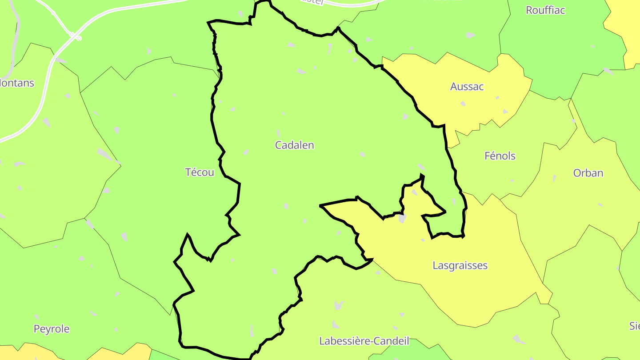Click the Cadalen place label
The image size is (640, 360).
(294, 145)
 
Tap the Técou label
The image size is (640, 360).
(200, 172)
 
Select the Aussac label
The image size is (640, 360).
(467, 87)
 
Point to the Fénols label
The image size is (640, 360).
(500, 156)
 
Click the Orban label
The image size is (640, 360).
(588, 173)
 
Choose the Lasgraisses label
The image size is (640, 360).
(460, 266)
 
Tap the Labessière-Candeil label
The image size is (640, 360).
(364, 341)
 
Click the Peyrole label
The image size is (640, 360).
(52, 329)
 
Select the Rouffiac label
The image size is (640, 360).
(545, 10)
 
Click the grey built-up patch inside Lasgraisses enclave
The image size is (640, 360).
(402, 219)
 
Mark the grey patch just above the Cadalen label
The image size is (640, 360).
(279, 133)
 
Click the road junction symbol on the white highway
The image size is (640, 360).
(76, 36)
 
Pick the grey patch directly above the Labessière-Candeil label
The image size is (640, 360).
(339, 305)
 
